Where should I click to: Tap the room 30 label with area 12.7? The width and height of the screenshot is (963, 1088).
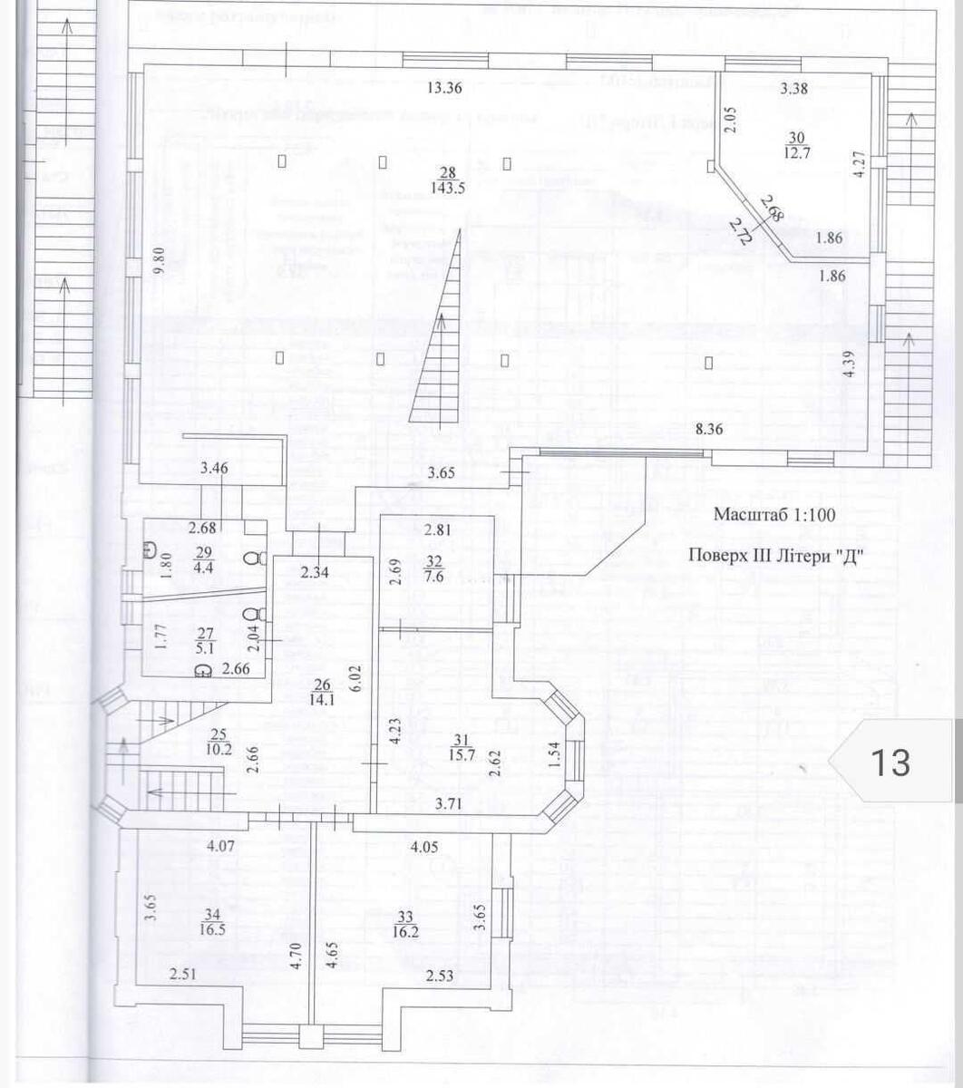point(796,144)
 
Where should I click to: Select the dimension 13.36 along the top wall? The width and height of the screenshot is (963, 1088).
point(445,88)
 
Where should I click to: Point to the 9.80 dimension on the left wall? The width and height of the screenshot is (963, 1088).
point(159,260)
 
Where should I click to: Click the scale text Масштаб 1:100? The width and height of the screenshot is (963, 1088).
point(773,514)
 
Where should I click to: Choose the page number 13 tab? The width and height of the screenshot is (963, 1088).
point(890,762)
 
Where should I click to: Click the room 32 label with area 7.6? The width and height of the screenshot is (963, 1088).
point(433,568)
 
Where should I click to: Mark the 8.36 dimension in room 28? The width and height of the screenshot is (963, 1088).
point(708,431)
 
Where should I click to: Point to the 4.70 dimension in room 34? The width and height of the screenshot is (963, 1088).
point(296,957)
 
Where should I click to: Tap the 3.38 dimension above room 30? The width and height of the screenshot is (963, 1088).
point(794,88)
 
